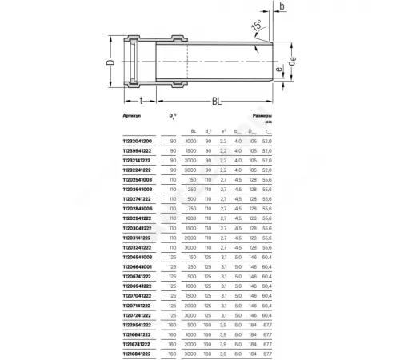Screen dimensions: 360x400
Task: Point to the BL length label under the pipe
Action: [x=217, y=101]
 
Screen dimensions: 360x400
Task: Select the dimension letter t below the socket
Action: [x=141, y=101]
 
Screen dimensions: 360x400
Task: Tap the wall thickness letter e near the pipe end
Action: [x=277, y=70]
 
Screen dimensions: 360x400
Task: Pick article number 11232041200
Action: [x=118, y=140]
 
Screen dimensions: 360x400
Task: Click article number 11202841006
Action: [x=118, y=208]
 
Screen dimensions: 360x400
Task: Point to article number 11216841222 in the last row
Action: [x=118, y=352]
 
